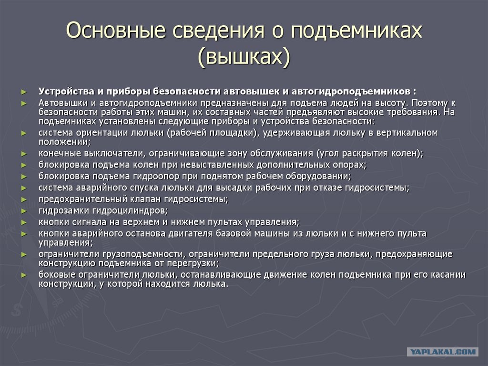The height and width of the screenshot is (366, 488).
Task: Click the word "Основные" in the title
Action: pos(116,31)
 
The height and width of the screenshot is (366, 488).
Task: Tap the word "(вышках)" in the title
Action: pos(244,57)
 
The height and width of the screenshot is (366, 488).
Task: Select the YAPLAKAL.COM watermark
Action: pos(442,352)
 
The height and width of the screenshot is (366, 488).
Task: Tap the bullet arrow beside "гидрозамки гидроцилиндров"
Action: pos(24,211)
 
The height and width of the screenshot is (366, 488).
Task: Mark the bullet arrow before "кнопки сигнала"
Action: pos(24,222)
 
